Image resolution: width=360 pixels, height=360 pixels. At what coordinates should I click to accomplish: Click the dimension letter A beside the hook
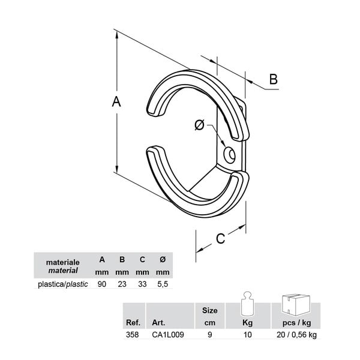(x=116, y=101)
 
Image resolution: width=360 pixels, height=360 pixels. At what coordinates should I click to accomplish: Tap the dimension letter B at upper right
(x=273, y=79)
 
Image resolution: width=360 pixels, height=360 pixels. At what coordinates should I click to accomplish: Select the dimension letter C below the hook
(x=220, y=238)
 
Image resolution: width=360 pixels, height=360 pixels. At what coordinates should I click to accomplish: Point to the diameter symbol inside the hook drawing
(x=199, y=125)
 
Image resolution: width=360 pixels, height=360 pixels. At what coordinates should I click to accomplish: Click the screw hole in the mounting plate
(x=229, y=155)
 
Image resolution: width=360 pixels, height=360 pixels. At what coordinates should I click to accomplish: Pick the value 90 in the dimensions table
(x=102, y=284)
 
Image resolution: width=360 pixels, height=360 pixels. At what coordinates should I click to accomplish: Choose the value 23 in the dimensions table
(x=122, y=284)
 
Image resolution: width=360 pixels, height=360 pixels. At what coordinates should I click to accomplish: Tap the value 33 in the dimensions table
(x=142, y=284)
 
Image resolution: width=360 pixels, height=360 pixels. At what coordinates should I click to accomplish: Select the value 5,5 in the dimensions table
(x=163, y=284)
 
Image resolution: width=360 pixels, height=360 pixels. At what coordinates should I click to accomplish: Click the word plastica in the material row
(x=52, y=284)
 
